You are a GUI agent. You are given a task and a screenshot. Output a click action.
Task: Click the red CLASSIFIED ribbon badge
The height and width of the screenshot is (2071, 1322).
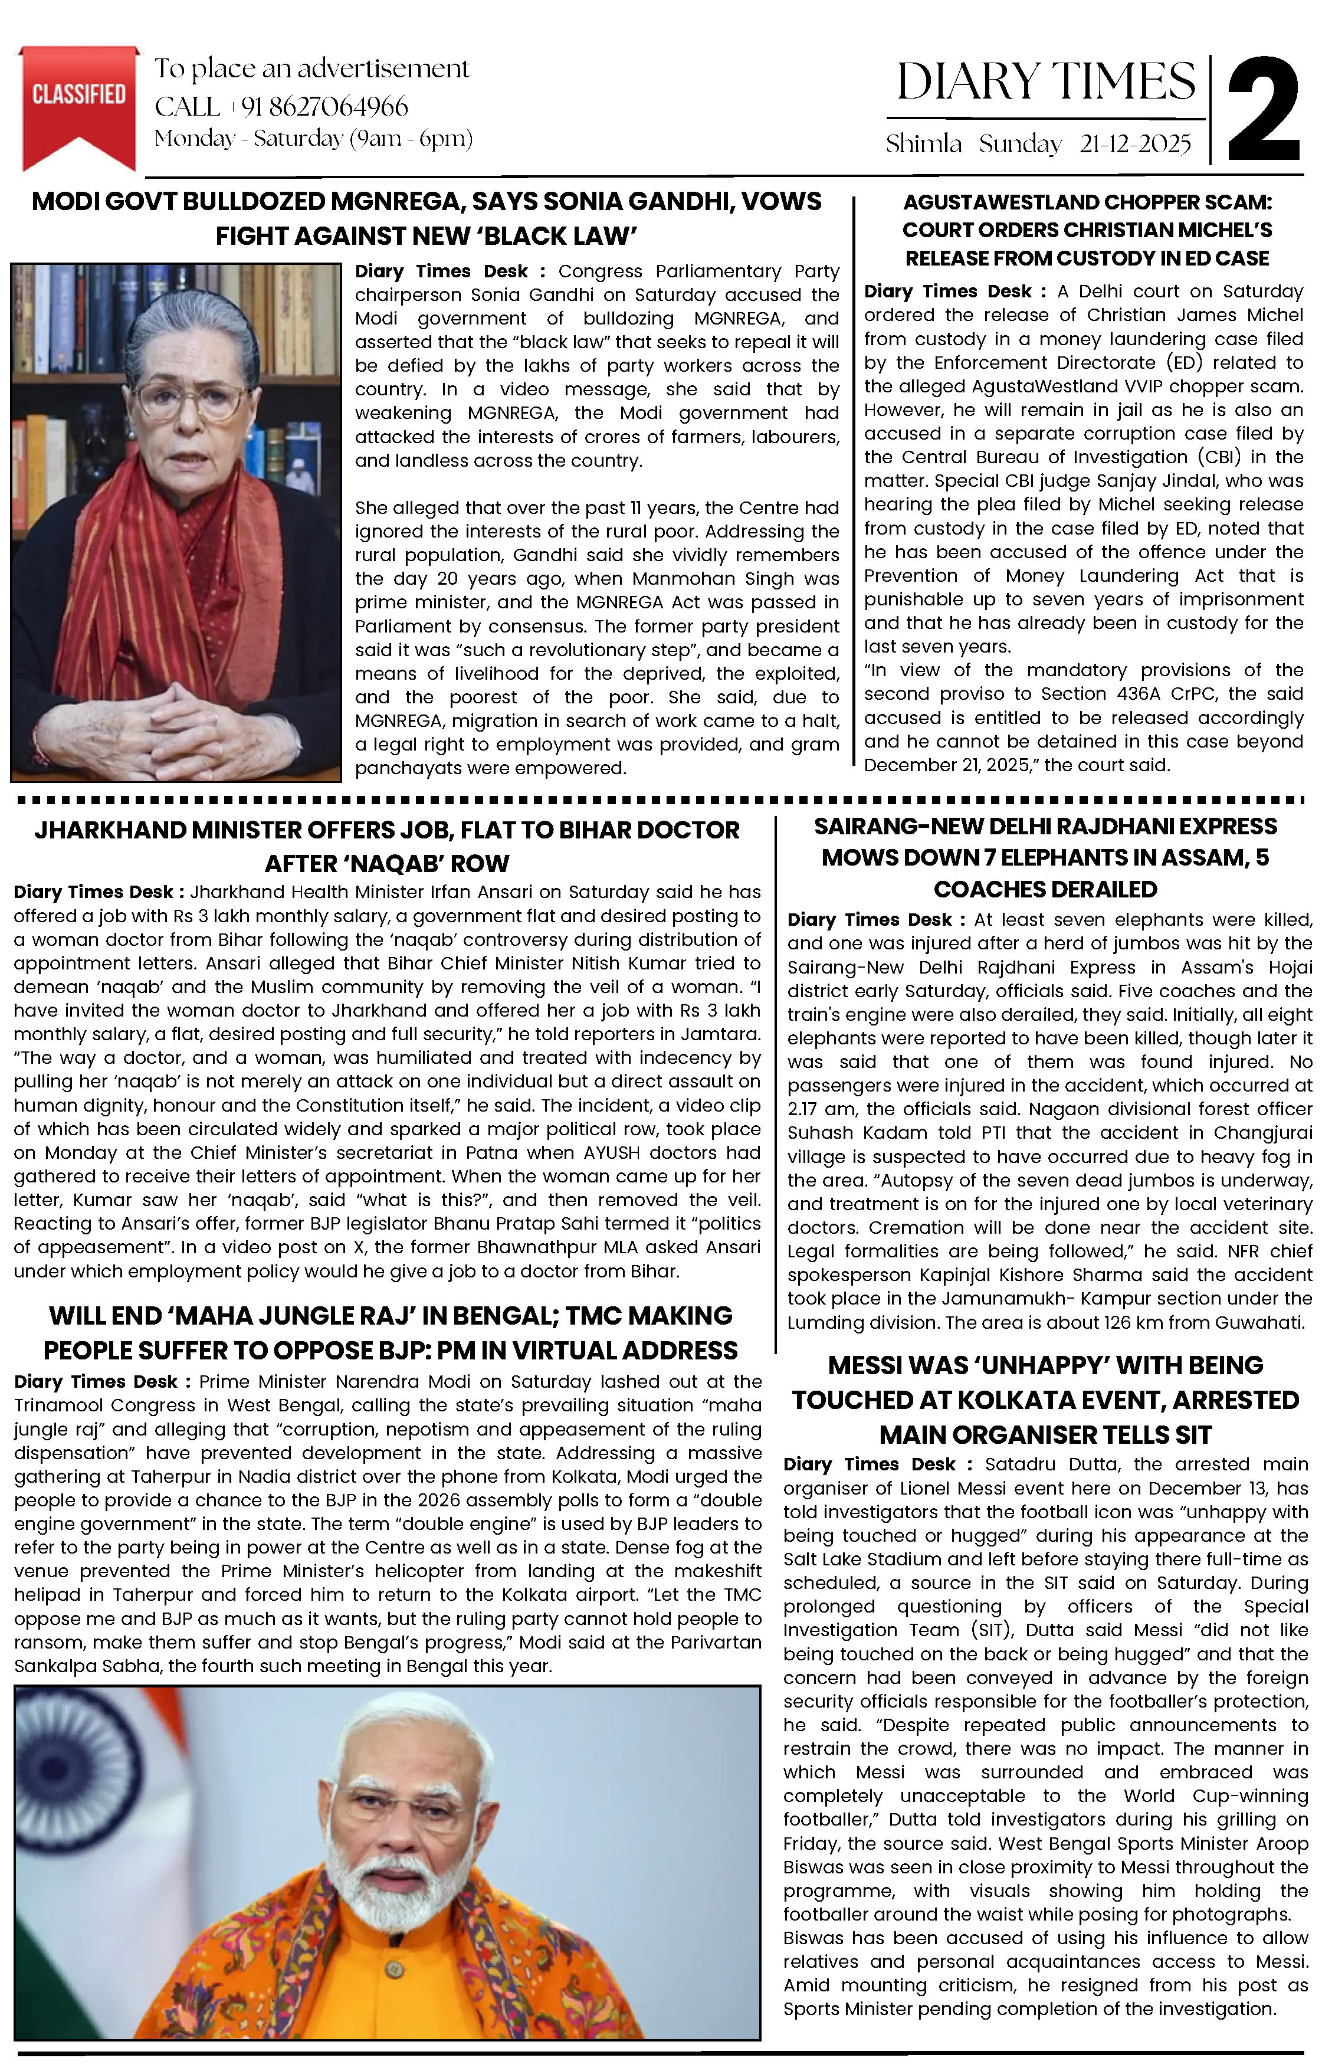78,101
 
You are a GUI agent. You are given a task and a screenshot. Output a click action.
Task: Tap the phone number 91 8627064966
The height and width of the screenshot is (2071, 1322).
324,107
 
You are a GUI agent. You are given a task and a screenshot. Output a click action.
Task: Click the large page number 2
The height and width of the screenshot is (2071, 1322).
1262,110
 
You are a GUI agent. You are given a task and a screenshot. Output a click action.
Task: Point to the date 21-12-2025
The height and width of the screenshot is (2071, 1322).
1136,143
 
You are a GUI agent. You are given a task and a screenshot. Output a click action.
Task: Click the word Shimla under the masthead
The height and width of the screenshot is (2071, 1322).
924,143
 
